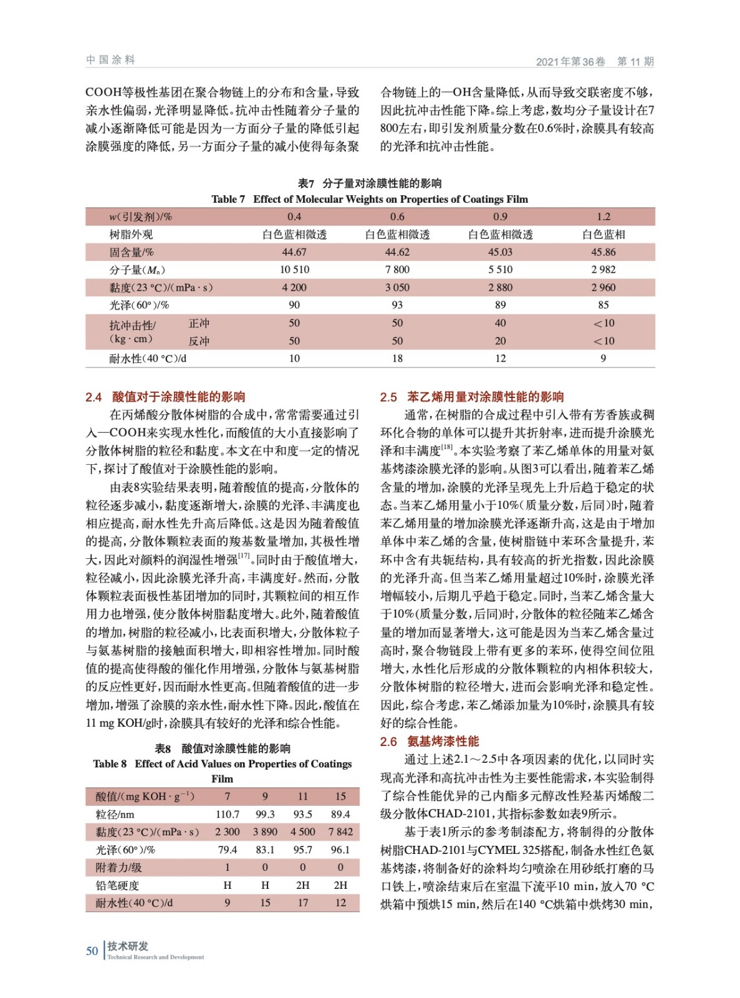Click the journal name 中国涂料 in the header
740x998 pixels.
[x=110, y=60]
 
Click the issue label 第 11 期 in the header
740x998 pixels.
[x=635, y=61]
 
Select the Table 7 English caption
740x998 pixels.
[x=370, y=199]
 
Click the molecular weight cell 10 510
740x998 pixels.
[x=294, y=269]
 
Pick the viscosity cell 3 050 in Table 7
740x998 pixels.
[x=397, y=288]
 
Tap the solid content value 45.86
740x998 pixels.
[x=603, y=252]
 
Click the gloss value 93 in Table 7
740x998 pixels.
[x=397, y=305]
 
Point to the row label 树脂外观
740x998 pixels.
[x=131, y=235]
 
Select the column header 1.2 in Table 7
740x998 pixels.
[x=603, y=216]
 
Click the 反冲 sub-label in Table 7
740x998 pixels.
[x=199, y=341]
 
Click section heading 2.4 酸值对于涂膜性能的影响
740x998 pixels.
[x=165, y=397]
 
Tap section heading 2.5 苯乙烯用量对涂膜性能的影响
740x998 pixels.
[x=472, y=397]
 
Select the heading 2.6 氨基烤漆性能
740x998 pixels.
[x=430, y=741]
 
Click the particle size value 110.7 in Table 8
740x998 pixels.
[x=227, y=814]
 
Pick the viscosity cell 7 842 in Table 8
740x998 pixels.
[x=340, y=831]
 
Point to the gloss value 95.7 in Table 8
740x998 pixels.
[x=302, y=850]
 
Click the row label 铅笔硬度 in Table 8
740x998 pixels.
[x=117, y=885]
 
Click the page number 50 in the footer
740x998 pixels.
[x=92, y=951]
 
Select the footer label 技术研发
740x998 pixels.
[x=128, y=946]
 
